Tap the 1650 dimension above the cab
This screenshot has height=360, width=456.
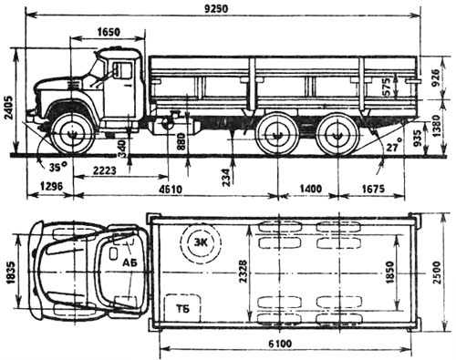point(109,31)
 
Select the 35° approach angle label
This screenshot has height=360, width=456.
point(57,167)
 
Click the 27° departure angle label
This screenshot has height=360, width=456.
point(394,148)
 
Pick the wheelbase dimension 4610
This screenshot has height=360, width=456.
point(171,189)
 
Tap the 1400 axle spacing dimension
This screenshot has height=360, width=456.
point(311,189)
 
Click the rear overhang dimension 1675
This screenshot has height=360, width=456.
point(373,189)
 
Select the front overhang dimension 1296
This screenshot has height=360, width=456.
point(51,186)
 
